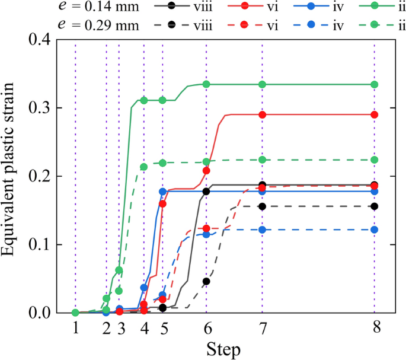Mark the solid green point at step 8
[x=375, y=84]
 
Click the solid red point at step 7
[x=262, y=114]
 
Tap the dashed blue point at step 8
[x=375, y=230]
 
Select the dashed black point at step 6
[x=206, y=281]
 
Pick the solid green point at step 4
[x=144, y=100]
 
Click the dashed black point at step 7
[x=262, y=206]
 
